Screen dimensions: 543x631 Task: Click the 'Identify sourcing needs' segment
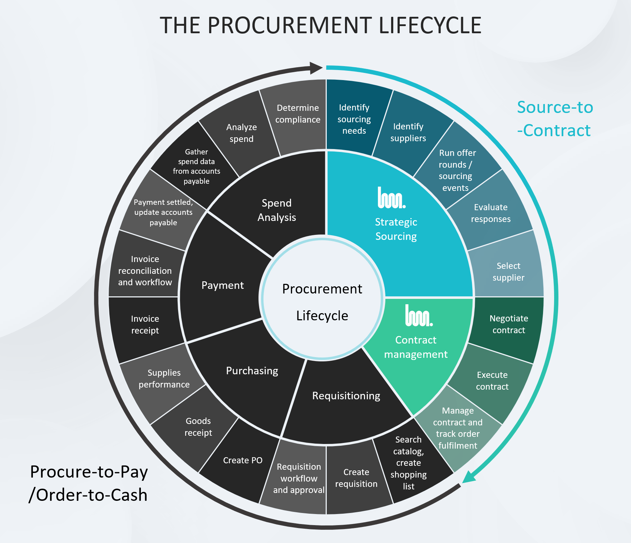(x=354, y=119)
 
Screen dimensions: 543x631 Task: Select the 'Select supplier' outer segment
(x=508, y=272)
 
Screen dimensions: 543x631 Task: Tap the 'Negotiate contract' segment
(x=508, y=324)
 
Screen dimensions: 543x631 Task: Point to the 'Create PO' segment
(x=242, y=460)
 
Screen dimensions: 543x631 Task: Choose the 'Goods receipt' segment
(x=198, y=427)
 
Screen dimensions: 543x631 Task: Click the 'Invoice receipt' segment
(x=145, y=325)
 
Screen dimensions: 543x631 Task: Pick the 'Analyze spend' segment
(x=241, y=133)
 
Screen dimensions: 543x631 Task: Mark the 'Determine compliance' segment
(x=297, y=114)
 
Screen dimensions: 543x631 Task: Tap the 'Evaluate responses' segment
(x=490, y=213)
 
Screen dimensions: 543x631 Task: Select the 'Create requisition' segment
(x=356, y=478)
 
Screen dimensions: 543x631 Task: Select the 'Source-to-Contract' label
(x=555, y=119)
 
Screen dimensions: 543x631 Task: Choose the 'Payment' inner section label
(x=222, y=285)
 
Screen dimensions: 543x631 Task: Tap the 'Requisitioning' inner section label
(x=346, y=396)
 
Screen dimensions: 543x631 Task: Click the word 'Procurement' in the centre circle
(x=322, y=289)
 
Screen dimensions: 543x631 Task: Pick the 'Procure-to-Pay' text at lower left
(x=89, y=472)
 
